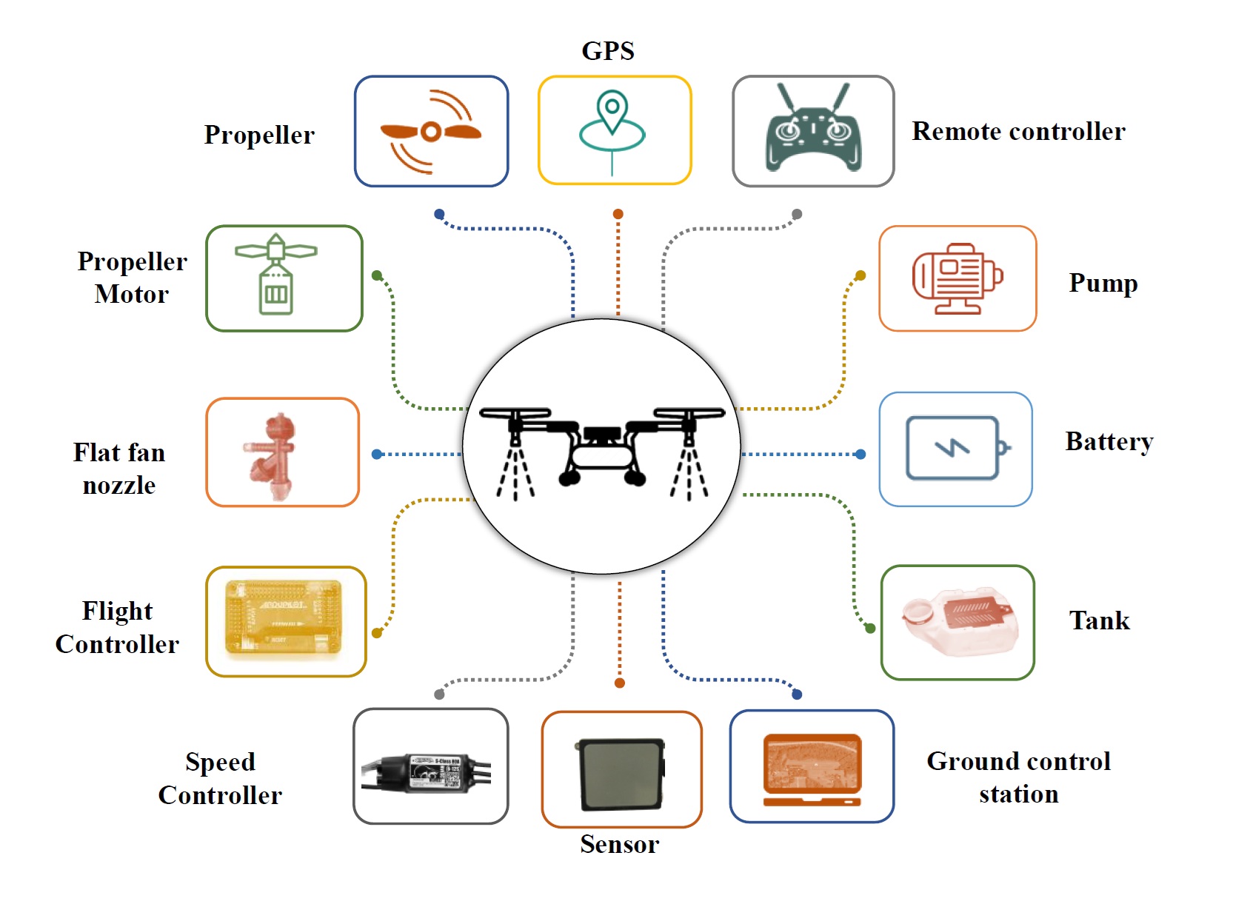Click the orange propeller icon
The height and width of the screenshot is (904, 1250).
pyautogui.click(x=431, y=132)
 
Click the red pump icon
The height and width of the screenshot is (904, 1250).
pyautogui.click(x=957, y=278)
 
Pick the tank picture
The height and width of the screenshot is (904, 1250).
pyautogui.click(x=958, y=622)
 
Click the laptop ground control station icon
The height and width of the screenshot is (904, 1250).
pyautogui.click(x=812, y=769)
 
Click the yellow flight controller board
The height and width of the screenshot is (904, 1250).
pyautogui.click(x=284, y=620)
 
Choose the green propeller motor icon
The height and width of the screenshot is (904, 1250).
pyautogui.click(x=276, y=275)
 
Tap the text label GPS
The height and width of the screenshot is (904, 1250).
pyautogui.click(x=608, y=51)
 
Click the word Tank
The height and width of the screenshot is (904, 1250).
pyautogui.click(x=1100, y=620)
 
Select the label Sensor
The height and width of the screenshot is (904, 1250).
pyautogui.click(x=619, y=844)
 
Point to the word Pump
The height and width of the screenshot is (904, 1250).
pyautogui.click(x=1103, y=283)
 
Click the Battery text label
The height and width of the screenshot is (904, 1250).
pyautogui.click(x=1109, y=441)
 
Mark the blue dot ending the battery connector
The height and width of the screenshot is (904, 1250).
pyautogui.click(x=860, y=454)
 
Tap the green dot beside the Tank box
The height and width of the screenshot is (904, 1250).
pyautogui.click(x=870, y=628)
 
